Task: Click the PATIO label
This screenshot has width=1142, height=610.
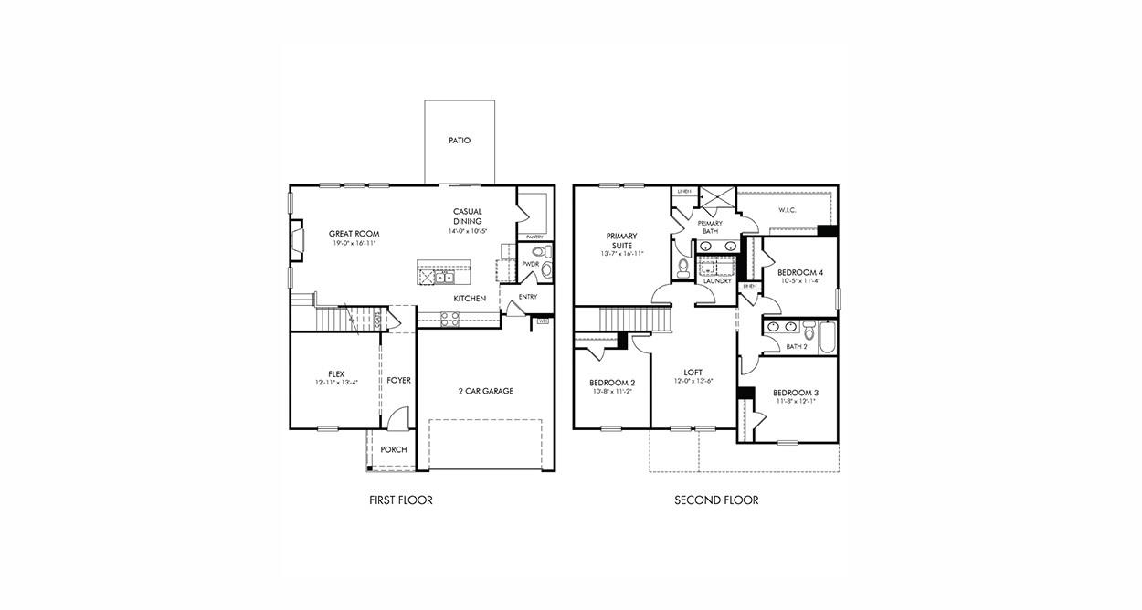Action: tap(460, 141)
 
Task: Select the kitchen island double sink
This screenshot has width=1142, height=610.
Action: tap(443, 278)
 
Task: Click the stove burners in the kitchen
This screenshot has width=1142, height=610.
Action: tap(449, 319)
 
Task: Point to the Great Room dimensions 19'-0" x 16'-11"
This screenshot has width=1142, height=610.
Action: tap(354, 244)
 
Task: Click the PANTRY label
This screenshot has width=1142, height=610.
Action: tap(534, 237)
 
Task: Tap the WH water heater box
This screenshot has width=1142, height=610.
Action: tap(543, 321)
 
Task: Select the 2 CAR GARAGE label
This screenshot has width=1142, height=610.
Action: tap(485, 391)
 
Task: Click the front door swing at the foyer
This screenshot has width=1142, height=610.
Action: tap(396, 419)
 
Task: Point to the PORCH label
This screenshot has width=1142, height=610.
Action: tap(394, 449)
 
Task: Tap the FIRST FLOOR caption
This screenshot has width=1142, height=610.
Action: tap(400, 500)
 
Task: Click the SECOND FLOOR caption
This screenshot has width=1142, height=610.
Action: tap(716, 500)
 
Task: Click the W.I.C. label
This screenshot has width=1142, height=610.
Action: tap(788, 211)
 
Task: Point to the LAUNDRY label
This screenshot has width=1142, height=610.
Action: tap(716, 281)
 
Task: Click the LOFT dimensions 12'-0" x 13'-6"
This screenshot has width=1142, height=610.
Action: tap(693, 382)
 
